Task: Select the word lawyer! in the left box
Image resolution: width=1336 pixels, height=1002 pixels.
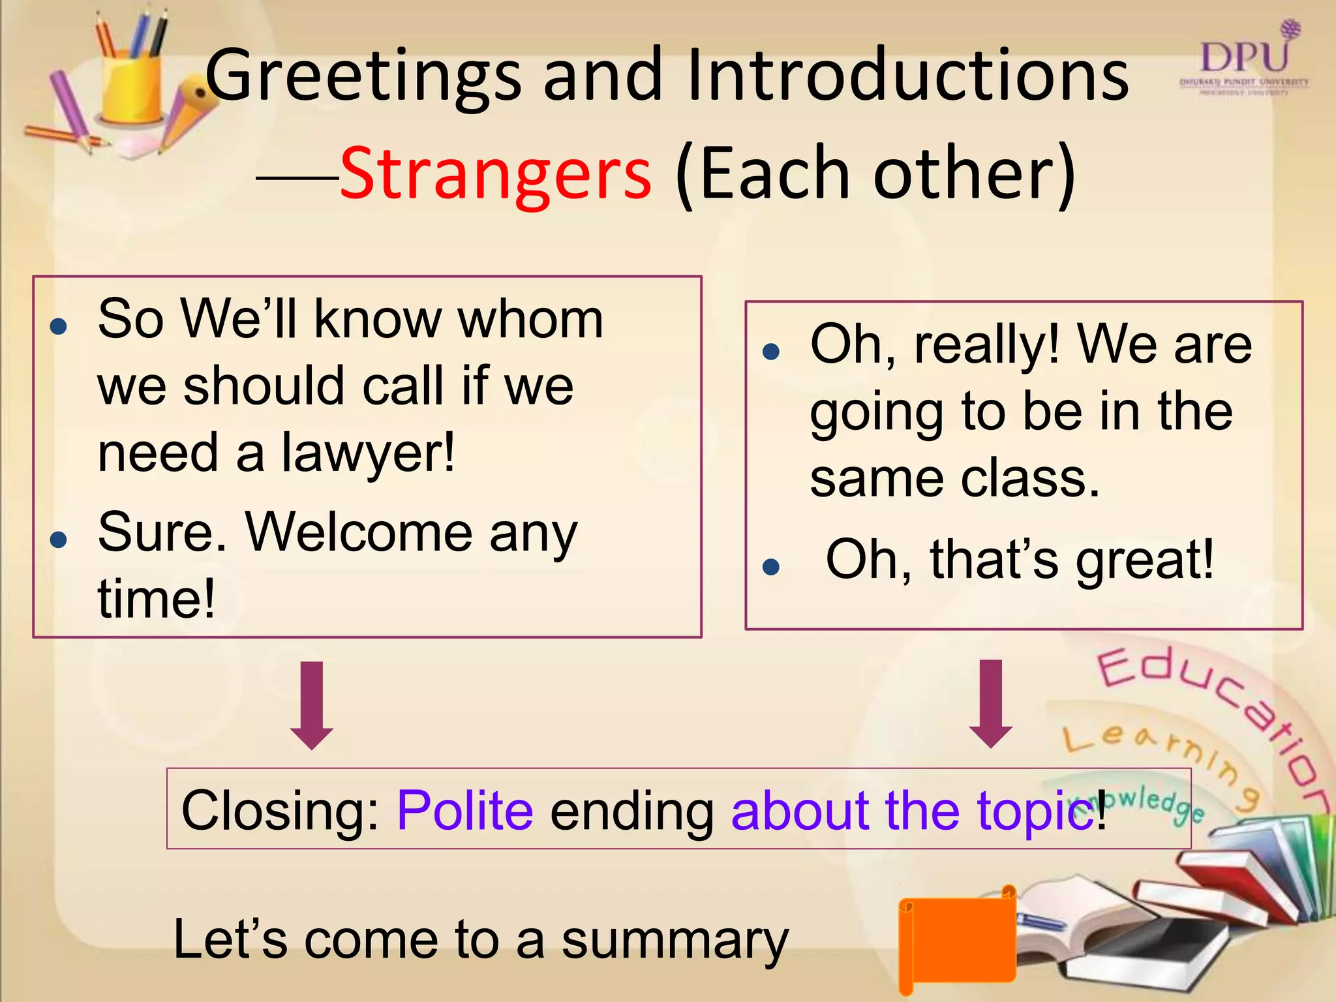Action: (368, 453)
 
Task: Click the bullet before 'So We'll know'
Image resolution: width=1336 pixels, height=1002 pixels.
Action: (59, 326)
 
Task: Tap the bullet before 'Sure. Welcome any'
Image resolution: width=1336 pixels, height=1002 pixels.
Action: (59, 539)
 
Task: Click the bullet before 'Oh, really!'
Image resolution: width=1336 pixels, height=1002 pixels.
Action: (771, 352)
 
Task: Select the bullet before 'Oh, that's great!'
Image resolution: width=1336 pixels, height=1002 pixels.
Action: (771, 566)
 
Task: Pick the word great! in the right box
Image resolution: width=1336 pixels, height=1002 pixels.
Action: (1145, 560)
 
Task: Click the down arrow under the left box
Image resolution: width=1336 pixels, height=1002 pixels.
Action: (312, 705)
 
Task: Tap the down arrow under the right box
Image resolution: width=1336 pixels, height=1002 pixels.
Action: (991, 703)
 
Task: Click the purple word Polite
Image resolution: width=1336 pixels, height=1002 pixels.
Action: (465, 810)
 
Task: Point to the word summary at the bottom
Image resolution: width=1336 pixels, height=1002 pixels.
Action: (675, 941)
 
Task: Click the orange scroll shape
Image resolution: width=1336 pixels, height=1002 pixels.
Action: (957, 940)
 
